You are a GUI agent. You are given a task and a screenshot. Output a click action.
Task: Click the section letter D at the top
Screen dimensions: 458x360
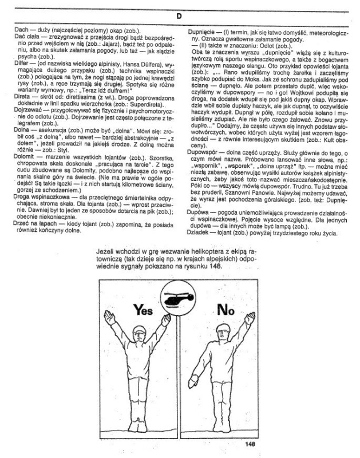(x=179, y=16)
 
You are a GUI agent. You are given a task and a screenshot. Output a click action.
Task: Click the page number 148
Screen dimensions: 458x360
(x=250, y=442)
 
